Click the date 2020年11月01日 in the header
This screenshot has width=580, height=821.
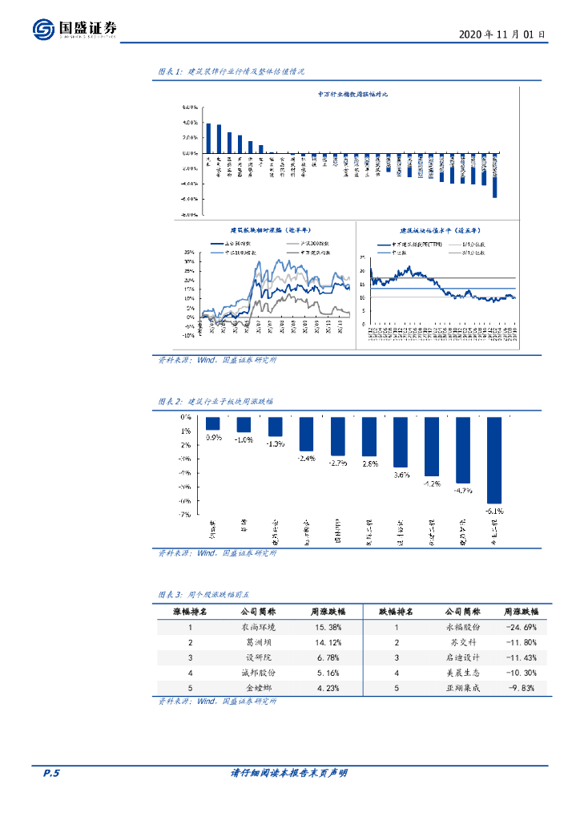(502, 34)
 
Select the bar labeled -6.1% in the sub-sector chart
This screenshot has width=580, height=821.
(493, 459)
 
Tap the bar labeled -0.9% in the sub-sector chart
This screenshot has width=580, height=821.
(212, 424)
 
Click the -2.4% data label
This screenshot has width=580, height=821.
(306, 458)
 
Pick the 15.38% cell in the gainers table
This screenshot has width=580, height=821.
(326, 627)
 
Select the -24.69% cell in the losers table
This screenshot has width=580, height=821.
(521, 627)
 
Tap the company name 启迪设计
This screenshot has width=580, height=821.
(462, 657)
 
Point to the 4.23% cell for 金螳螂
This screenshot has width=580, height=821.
(326, 687)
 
